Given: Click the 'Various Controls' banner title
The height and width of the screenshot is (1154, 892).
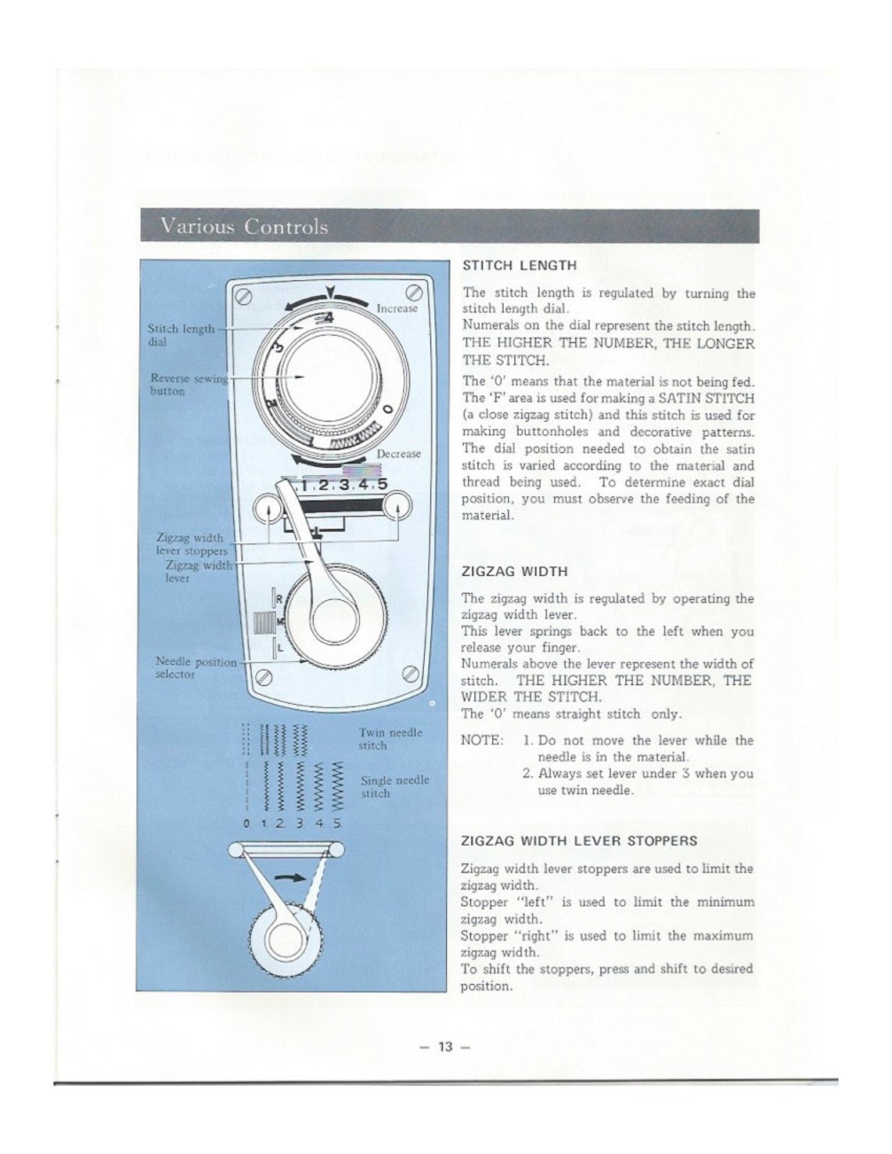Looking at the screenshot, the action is (244, 227).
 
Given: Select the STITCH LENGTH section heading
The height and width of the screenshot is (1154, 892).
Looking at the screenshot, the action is (520, 265).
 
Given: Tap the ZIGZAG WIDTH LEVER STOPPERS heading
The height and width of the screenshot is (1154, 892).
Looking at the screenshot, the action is (579, 841).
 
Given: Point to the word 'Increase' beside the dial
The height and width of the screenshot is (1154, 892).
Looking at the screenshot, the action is (397, 308).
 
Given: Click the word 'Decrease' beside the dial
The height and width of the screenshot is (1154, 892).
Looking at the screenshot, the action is (398, 454).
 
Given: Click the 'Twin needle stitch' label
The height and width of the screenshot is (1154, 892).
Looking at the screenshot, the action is (390, 739).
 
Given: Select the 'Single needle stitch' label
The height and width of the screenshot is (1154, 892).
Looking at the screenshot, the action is (394, 786).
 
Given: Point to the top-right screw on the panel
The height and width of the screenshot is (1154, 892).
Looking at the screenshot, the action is (415, 294).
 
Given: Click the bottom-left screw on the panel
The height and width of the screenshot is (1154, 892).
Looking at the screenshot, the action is (264, 678).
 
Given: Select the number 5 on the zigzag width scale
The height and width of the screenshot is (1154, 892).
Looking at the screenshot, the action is (382, 484).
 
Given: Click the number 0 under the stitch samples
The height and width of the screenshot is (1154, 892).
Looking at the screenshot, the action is (246, 824).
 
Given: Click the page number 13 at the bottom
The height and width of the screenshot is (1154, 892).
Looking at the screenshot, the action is (445, 1047).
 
